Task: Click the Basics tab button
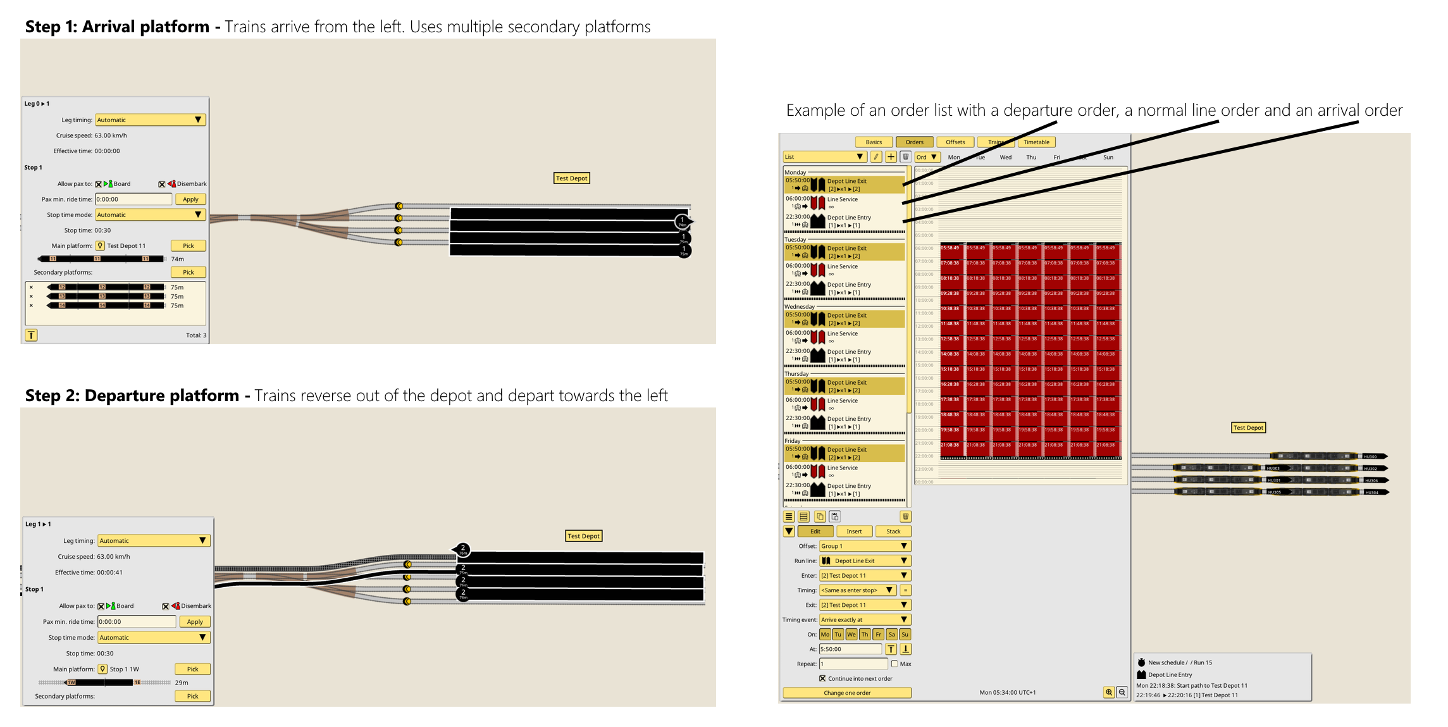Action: pyautogui.click(x=874, y=142)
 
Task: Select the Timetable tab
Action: pyautogui.click(x=1036, y=142)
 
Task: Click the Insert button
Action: pyautogui.click(x=854, y=531)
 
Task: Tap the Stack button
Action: pyautogui.click(x=893, y=531)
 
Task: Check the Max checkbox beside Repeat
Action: pyautogui.click(x=894, y=664)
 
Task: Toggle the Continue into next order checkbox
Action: pyautogui.click(x=822, y=678)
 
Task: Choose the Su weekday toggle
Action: pyautogui.click(x=905, y=635)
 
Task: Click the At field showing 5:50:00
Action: pyautogui.click(x=850, y=649)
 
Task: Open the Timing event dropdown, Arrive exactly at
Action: pyautogui.click(x=864, y=620)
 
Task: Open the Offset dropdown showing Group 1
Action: pyautogui.click(x=864, y=546)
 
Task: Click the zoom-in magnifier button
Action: pyautogui.click(x=1109, y=692)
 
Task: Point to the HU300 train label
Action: pyautogui.click(x=1370, y=456)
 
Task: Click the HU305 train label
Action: pyautogui.click(x=1274, y=492)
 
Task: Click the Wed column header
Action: pyautogui.click(x=1005, y=158)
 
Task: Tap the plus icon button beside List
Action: pyautogui.click(x=891, y=157)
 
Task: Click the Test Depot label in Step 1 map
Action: pyautogui.click(x=571, y=178)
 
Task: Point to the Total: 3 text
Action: pyautogui.click(x=195, y=335)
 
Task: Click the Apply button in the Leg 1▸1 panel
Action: pyautogui.click(x=195, y=622)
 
